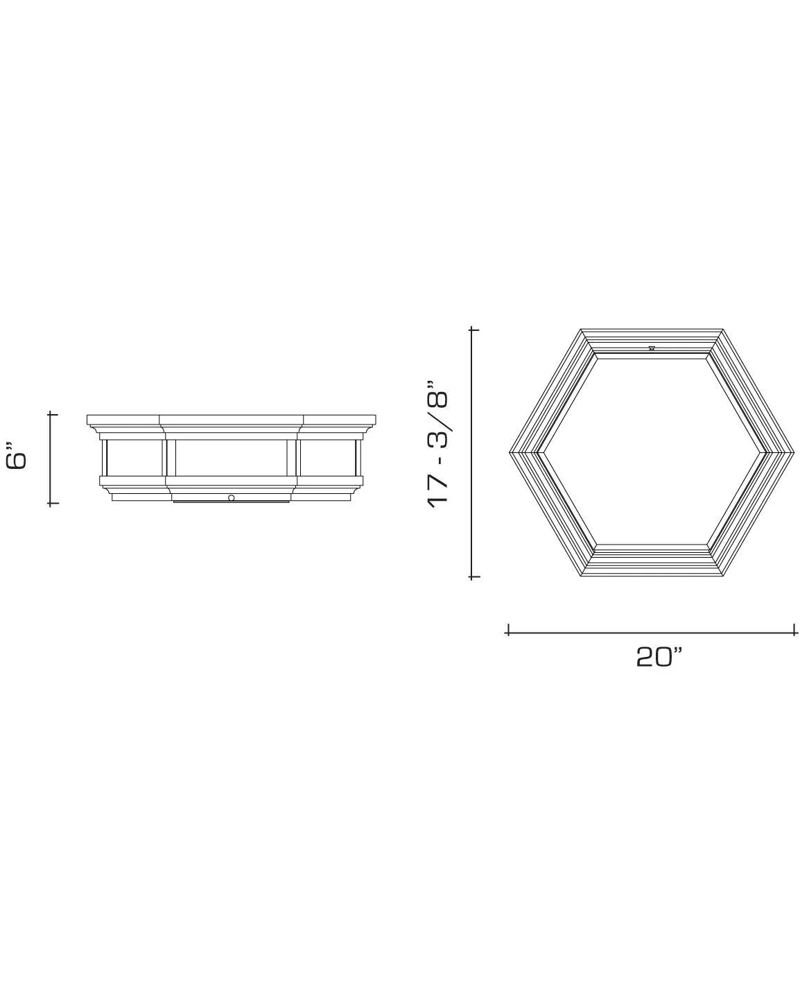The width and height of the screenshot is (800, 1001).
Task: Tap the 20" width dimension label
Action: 659,656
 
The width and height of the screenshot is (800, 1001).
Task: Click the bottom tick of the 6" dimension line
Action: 51,504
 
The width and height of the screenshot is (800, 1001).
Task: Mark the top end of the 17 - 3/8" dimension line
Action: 474,329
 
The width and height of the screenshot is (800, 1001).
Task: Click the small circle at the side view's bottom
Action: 231,498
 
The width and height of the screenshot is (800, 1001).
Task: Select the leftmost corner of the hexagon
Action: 510,453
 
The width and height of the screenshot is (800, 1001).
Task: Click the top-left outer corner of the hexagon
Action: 581,330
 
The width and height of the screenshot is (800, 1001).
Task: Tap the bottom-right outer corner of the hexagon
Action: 722,576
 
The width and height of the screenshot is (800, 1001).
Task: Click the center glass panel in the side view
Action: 231,457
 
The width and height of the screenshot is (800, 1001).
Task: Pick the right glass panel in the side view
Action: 328,457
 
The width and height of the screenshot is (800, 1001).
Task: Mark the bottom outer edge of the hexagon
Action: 652,576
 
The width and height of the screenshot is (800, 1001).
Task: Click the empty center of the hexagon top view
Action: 652,453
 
